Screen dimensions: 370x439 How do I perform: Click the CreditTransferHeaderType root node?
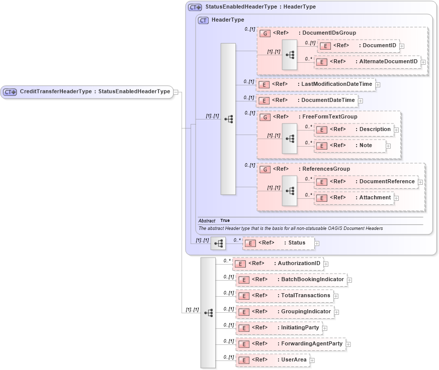tap(86, 91)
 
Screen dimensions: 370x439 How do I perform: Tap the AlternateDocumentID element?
tap(367, 62)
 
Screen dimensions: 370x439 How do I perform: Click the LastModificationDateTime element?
tap(315, 84)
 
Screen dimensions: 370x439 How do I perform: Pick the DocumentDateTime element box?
tap(307, 100)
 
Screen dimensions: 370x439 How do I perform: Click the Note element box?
tap(349, 146)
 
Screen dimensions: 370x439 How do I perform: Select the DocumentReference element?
tap(366, 182)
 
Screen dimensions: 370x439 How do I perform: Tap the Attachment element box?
tap(354, 198)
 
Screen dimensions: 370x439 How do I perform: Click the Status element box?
tap(278, 243)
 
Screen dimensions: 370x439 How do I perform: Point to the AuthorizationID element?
tap(278, 263)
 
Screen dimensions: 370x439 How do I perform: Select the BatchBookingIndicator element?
tap(291, 279)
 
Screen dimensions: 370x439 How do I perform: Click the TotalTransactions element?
tap(284, 296)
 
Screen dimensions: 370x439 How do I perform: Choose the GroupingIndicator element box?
tap(284, 312)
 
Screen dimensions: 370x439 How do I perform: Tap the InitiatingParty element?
tap(279, 328)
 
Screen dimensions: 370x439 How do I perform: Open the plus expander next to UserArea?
tap(312, 360)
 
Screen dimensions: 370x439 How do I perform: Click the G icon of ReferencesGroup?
tap(265, 169)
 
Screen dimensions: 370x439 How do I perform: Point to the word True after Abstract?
tap(225, 221)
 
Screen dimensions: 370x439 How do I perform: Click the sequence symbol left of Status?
tap(218, 243)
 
